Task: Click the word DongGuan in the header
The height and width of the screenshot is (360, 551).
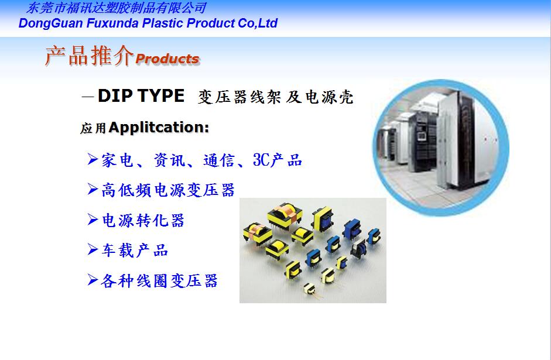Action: pos(51,23)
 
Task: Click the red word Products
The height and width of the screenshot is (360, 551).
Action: pos(167,59)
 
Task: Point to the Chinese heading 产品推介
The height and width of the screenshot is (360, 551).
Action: pos(89,56)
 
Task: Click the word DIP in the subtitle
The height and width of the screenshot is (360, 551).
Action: pos(115,95)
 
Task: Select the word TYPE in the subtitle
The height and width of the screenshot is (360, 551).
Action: pos(161,95)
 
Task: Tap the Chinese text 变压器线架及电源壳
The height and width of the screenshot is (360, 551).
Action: pos(275,97)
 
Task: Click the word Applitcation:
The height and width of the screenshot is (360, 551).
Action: pos(159,127)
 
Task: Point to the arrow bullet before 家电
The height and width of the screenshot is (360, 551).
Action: pos(93,159)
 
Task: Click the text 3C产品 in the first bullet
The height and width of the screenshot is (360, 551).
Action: pos(278,160)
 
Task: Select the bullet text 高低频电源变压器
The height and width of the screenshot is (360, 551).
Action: pos(168,190)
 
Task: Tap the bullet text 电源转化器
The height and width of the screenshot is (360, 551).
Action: pos(143,220)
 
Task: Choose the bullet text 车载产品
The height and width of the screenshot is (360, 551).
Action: pos(135,251)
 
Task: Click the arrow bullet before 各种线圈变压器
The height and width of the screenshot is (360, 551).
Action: pos(93,280)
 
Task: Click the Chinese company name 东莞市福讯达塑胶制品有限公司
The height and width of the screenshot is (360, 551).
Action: pos(116,8)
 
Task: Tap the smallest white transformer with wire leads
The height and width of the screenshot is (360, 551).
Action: pos(309,289)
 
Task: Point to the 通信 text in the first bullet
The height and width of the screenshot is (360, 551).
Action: pos(218,160)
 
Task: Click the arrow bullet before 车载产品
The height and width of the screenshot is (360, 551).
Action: pos(93,249)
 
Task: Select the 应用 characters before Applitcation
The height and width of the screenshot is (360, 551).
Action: pos(93,128)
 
